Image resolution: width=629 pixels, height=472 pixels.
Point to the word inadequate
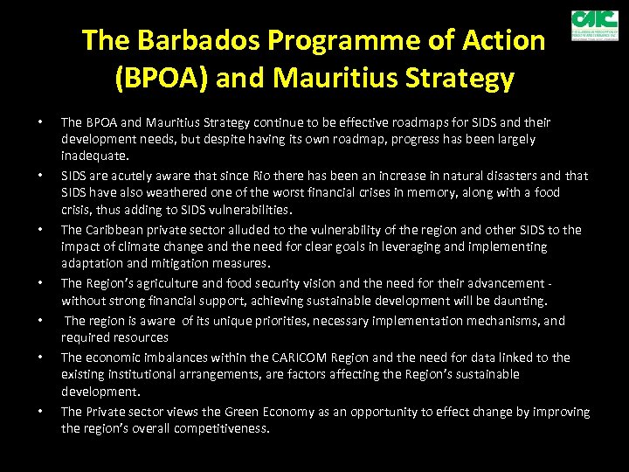pyautogui.click(x=94, y=156)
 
